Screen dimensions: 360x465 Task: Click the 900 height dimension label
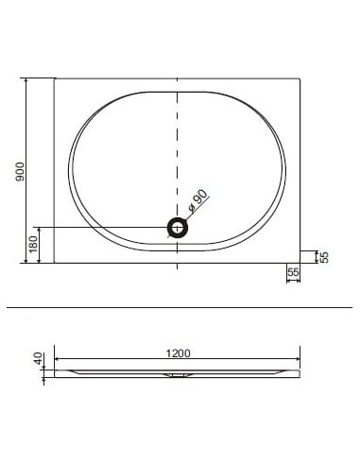point(20,172)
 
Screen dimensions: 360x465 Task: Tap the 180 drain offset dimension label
point(33,245)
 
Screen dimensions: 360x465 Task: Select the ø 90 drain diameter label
point(197,200)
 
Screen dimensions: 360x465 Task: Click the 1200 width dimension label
point(179,353)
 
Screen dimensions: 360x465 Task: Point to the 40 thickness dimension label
point(38,358)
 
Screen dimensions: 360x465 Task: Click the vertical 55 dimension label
point(324,257)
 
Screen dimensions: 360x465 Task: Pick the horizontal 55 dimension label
point(293,272)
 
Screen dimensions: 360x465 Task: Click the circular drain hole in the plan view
point(178,228)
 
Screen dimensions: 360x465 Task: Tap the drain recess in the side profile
point(178,375)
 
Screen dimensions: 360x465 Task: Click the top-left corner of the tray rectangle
point(55,78)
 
